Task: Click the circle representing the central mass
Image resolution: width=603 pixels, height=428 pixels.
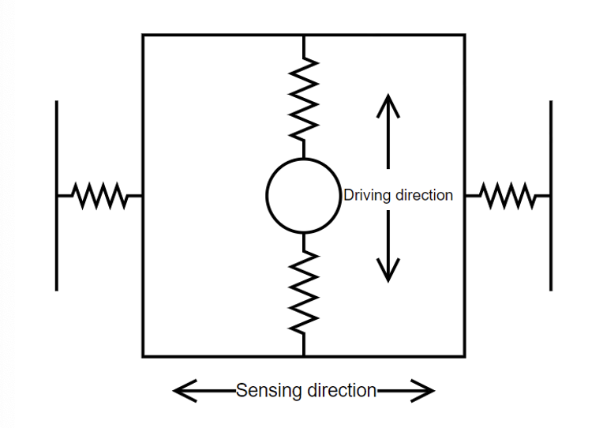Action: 304,195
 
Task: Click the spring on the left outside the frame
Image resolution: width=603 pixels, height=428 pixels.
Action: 99,195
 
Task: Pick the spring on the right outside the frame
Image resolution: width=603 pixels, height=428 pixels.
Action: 507,195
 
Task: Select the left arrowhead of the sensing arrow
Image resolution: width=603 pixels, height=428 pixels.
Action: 182,390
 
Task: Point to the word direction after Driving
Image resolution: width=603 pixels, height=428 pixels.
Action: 424,195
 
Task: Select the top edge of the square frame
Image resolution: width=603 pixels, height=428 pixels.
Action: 221,35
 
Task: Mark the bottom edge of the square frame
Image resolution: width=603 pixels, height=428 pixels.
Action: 221,356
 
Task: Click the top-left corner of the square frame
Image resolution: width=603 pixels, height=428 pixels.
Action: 143,35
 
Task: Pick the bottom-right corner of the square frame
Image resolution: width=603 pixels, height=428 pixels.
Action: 464,356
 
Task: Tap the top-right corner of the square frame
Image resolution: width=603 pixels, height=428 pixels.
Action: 464,35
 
